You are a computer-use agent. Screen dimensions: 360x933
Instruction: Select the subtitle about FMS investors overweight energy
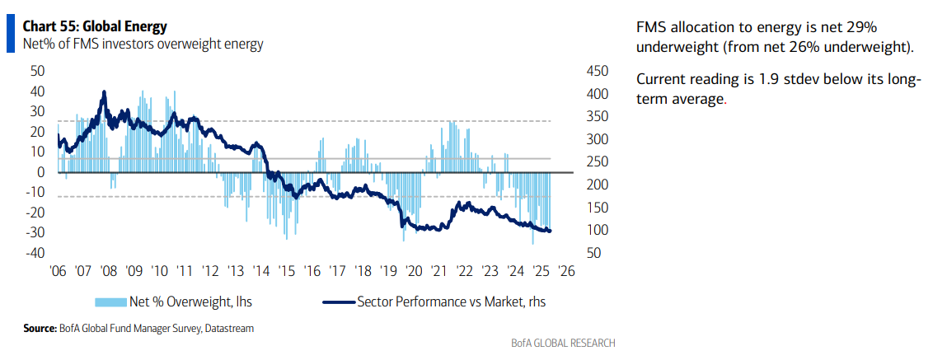pyautogui.click(x=143, y=44)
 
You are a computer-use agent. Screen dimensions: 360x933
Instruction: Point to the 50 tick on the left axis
pyautogui.click(x=37, y=71)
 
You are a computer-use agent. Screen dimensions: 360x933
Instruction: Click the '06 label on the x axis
pyautogui.click(x=59, y=270)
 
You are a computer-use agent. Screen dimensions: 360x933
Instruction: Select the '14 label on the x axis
pyautogui.click(x=261, y=270)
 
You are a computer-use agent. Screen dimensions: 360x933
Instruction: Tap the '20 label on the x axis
pyautogui.click(x=414, y=270)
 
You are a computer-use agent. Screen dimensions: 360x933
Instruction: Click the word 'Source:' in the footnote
pyautogui.click(x=40, y=328)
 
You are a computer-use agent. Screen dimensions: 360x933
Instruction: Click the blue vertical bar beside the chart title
pyautogui.click(x=10, y=34)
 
